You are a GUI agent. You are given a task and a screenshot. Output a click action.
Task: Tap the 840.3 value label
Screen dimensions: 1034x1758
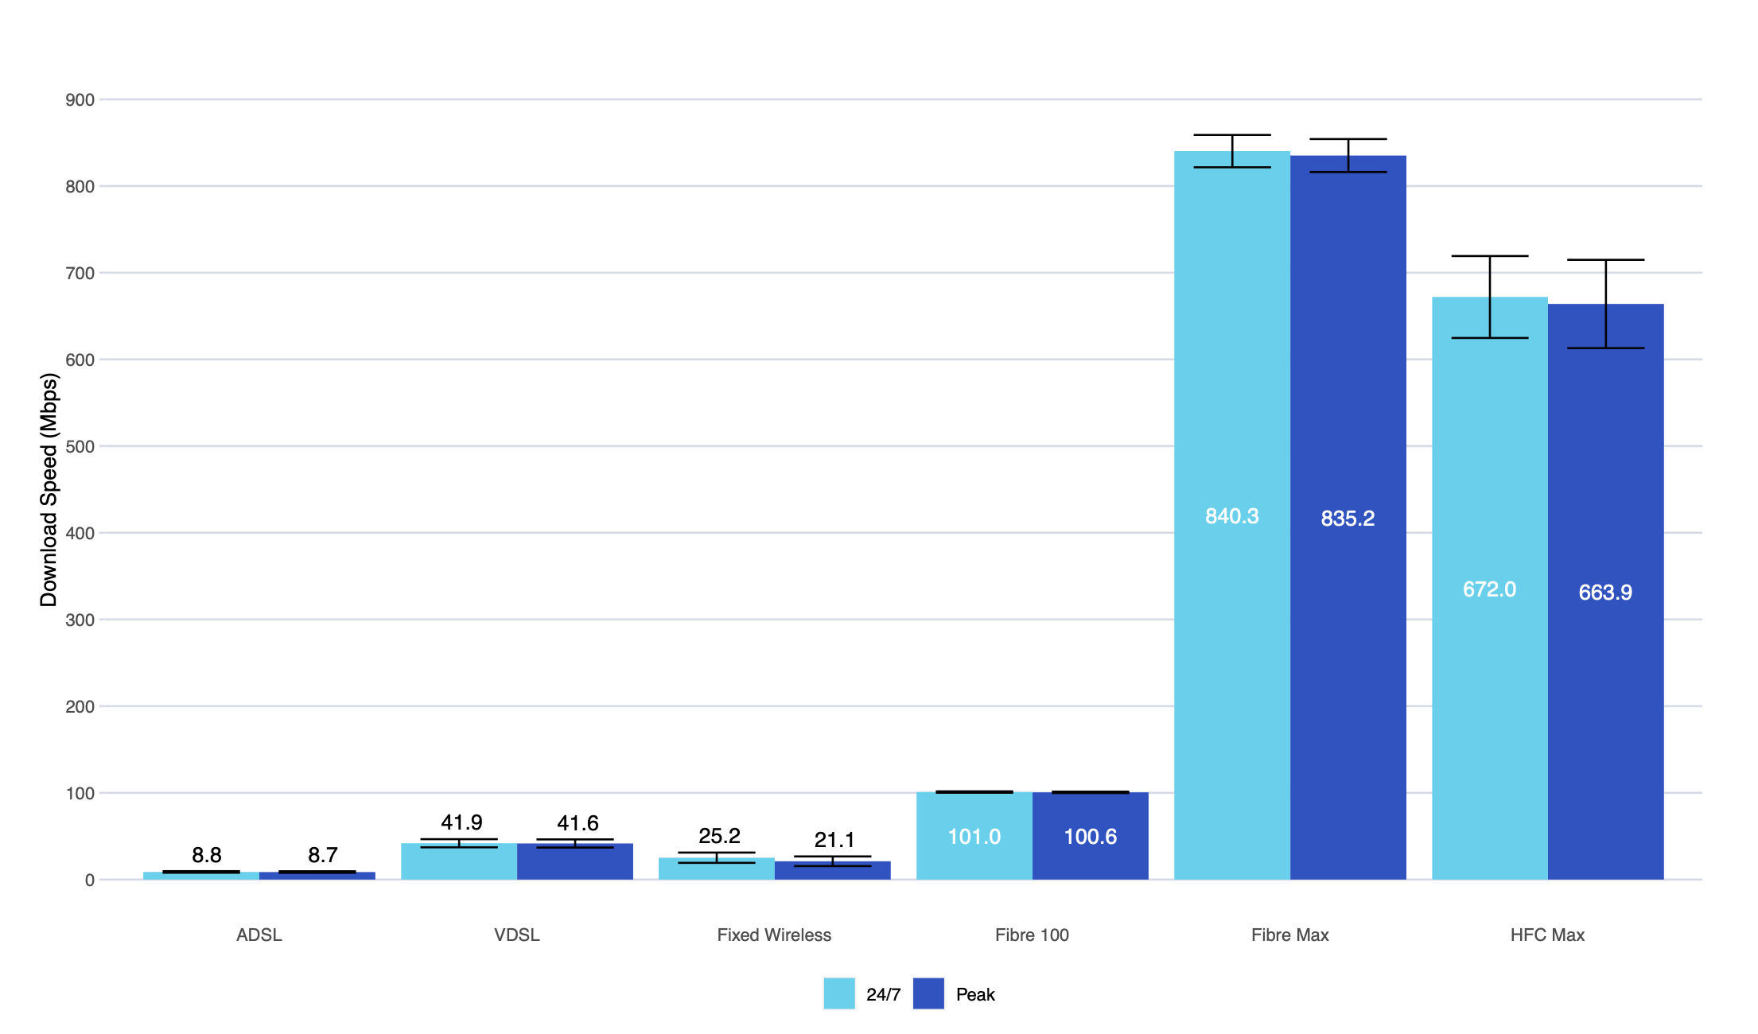1231,516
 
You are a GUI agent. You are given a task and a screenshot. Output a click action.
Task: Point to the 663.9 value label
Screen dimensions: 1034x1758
1604,593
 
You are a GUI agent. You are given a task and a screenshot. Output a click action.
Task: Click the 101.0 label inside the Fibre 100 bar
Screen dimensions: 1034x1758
974,837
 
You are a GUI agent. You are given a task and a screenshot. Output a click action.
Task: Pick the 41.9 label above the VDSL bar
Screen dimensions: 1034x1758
461,822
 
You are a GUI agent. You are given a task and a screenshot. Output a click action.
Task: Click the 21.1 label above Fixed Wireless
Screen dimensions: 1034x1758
834,840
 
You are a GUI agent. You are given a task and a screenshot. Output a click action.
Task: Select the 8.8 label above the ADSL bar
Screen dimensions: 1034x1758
207,855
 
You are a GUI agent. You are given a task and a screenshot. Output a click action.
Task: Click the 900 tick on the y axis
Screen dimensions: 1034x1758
80,100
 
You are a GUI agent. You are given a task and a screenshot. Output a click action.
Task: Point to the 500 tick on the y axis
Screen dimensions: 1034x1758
80,447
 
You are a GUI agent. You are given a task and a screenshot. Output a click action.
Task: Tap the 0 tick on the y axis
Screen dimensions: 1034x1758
89,880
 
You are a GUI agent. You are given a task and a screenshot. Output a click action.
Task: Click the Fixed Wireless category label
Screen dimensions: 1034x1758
774,935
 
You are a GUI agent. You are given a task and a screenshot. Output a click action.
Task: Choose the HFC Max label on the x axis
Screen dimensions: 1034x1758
1547,935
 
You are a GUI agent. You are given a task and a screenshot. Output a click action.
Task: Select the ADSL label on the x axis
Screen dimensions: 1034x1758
259,935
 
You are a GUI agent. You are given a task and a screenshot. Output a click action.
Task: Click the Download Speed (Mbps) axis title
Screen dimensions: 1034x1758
49,490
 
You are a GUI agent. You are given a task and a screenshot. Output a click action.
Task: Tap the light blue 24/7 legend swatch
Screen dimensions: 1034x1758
838,993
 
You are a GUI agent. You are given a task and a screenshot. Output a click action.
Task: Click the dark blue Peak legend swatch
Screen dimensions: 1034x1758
928,993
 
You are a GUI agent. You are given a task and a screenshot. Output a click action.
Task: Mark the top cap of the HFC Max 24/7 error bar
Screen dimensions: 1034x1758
1489,256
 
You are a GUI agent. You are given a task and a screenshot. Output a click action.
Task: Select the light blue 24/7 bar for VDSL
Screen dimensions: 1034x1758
458,863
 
